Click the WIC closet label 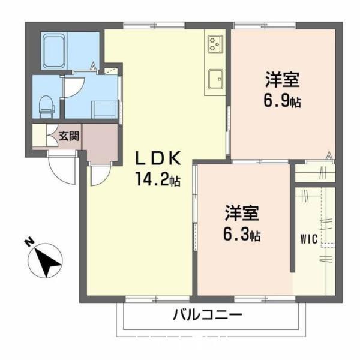308,237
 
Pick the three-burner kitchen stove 215,43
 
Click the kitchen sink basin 215,78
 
